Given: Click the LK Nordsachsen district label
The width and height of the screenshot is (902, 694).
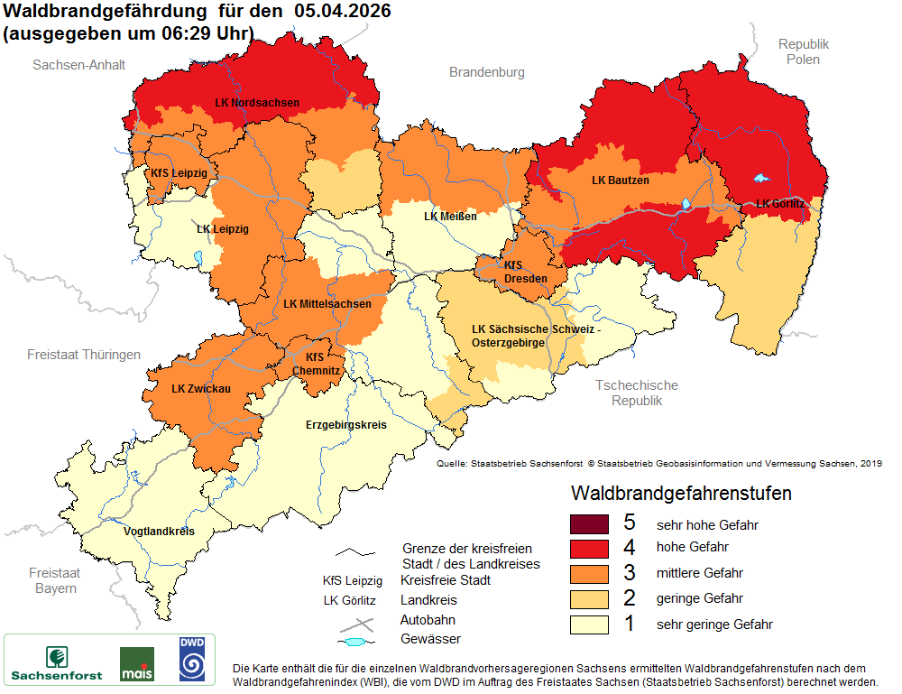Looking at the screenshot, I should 257,103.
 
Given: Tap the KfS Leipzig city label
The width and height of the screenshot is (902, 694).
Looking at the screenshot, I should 179,172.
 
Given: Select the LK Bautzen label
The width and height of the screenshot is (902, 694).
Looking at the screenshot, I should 620,180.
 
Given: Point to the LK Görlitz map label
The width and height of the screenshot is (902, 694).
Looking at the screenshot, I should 779,204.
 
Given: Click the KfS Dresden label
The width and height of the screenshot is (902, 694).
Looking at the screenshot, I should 525,273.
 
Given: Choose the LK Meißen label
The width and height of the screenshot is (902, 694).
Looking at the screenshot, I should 450,217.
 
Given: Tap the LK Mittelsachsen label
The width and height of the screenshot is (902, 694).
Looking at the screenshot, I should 327,304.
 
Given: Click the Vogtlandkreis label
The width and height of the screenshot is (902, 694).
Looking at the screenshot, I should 159,532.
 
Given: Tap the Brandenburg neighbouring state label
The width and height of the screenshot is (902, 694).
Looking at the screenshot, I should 487,72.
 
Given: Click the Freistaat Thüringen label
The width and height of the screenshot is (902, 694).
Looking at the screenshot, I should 84,355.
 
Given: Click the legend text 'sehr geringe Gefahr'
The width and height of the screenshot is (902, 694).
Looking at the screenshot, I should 714,624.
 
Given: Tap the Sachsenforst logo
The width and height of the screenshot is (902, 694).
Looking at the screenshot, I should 56,662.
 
